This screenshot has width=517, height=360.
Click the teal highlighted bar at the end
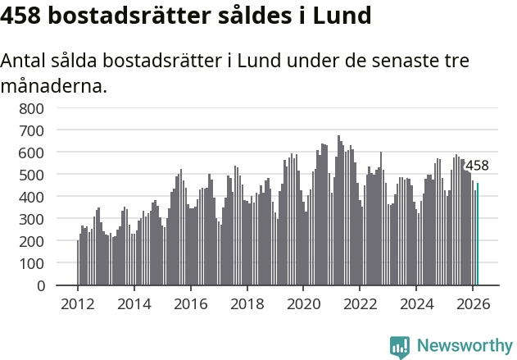click(478, 235)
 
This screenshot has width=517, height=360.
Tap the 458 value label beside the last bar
click(477, 166)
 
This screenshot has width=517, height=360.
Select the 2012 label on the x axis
click(78, 303)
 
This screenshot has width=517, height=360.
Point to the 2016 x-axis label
click(190, 303)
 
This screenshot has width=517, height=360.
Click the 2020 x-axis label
click(303, 303)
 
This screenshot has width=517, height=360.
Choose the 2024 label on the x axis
click(416, 303)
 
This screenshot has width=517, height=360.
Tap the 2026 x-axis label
click(473, 303)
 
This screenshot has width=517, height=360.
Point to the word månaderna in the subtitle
click(53, 85)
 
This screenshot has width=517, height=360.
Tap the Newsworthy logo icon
click(400, 347)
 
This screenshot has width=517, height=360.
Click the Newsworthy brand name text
click(464, 346)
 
